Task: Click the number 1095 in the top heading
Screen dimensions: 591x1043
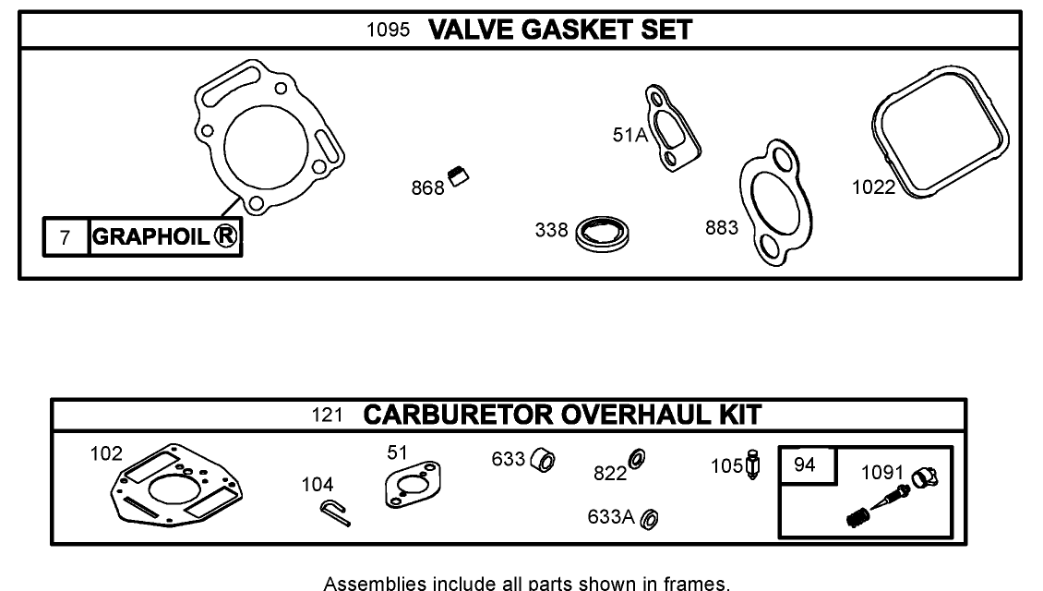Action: coord(388,30)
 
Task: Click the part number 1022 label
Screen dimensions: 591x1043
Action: coord(872,187)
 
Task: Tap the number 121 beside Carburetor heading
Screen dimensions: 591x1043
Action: coord(327,416)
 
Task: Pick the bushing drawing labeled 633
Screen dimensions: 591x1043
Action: coord(545,461)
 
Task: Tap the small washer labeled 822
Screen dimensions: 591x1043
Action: coord(637,458)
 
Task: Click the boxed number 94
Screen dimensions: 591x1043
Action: coord(805,464)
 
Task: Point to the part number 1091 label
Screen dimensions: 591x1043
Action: coord(882,473)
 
